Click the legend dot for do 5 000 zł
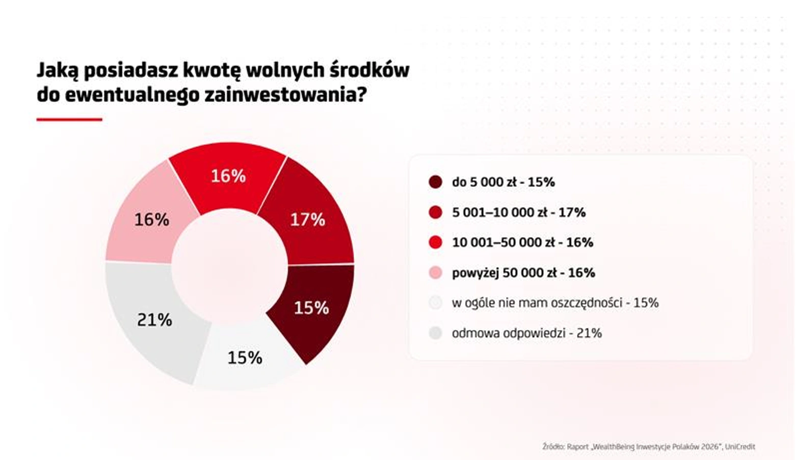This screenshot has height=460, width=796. (435, 182)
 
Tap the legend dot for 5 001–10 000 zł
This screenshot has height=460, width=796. (435, 212)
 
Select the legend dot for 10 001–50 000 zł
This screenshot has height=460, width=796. (435, 242)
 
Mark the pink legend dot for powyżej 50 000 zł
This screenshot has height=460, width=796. (435, 273)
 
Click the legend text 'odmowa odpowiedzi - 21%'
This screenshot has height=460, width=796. (527, 333)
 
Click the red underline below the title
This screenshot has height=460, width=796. (69, 120)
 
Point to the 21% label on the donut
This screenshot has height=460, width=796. (154, 320)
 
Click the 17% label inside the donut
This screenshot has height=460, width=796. (308, 219)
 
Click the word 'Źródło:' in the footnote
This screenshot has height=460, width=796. (553, 447)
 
